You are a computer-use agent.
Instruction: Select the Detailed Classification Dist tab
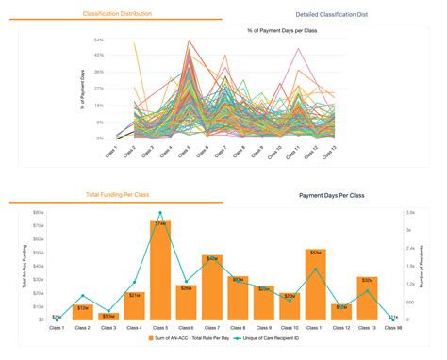[x=330, y=15]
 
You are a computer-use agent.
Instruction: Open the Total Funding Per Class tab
[x=117, y=194]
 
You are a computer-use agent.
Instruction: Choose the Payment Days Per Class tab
[x=331, y=195]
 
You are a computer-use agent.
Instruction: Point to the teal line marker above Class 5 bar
[x=160, y=213]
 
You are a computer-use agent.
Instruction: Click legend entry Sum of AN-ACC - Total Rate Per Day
[x=195, y=337]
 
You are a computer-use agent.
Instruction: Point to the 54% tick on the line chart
[x=99, y=41]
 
